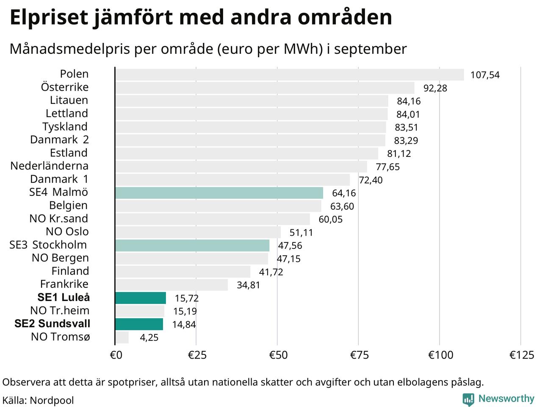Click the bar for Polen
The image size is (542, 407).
click(x=289, y=75)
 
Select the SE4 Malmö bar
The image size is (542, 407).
click(x=219, y=193)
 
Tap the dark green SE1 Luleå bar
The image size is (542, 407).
click(x=140, y=298)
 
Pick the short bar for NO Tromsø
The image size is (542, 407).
click(x=122, y=337)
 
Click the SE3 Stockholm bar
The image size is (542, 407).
click(x=192, y=245)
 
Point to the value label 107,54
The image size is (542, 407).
click(x=485, y=75)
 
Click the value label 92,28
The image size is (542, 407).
click(x=435, y=88)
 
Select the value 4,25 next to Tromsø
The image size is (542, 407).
click(x=149, y=338)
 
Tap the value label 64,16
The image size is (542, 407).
click(x=344, y=193)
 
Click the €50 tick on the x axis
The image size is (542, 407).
click(x=278, y=355)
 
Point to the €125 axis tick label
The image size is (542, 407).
click(x=522, y=355)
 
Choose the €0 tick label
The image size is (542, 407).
click(x=116, y=355)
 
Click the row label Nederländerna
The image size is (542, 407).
click(x=50, y=166)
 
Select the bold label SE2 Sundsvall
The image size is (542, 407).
click(x=53, y=324)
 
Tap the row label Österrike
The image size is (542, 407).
click(x=65, y=87)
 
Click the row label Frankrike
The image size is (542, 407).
click(x=64, y=284)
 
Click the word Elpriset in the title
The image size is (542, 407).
click(x=49, y=18)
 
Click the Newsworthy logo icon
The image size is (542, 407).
click(x=468, y=399)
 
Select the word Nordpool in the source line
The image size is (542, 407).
click(x=52, y=401)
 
